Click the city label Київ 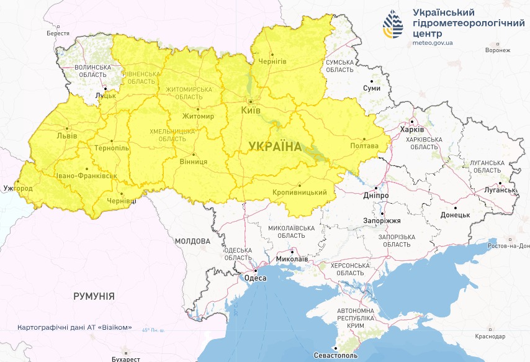click(251, 111)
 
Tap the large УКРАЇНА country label click(274, 147)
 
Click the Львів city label click(67, 135)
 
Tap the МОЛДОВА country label click(192, 241)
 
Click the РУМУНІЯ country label click(94, 296)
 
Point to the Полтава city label click(365, 147)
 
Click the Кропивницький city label click(300, 193)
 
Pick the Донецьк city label click(456, 215)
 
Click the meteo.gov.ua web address click(433, 43)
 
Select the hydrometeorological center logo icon click(392, 25)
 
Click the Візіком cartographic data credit click(74, 327)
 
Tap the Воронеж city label click(498, 50)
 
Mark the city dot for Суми click(372, 81)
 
